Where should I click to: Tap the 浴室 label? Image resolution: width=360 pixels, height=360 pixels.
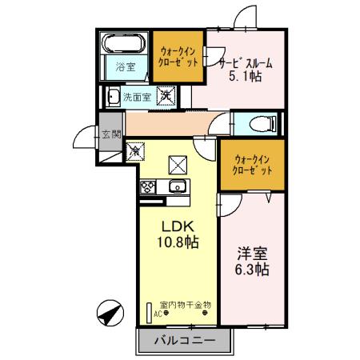point(123,68)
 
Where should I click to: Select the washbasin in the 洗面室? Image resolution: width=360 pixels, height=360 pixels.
point(113,98)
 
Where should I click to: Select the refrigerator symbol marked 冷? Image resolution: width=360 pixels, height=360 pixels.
point(137,149)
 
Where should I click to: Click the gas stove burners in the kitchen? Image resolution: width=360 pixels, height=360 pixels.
point(149,188)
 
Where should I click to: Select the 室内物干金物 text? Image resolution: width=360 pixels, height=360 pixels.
point(184,304)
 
